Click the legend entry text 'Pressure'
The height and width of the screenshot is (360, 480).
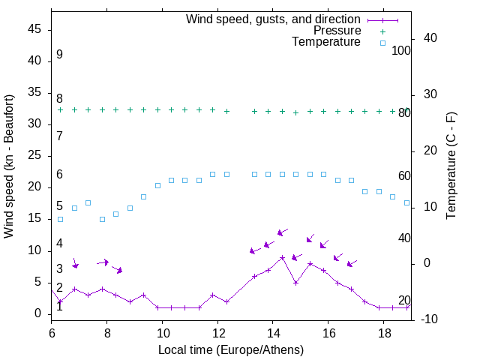click(x=337, y=31)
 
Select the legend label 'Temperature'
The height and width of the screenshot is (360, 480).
click(x=326, y=42)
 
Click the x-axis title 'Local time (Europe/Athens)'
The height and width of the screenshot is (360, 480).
click(x=231, y=349)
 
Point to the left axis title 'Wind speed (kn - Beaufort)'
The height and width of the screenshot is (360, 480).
click(x=9, y=166)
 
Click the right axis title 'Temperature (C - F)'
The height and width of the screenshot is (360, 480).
click(x=451, y=166)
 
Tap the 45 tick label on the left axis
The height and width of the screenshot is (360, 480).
click(x=36, y=30)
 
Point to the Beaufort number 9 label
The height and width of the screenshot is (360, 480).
click(x=59, y=55)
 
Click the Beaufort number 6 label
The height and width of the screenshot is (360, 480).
click(x=59, y=175)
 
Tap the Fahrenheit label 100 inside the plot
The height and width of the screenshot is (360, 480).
click(x=401, y=51)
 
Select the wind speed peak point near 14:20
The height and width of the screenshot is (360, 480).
click(x=282, y=257)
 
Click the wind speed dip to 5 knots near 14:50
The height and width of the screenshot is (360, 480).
click(x=296, y=283)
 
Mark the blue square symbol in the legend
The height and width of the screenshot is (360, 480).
click(x=382, y=43)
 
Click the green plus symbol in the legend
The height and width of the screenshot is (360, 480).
click(x=382, y=31)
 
